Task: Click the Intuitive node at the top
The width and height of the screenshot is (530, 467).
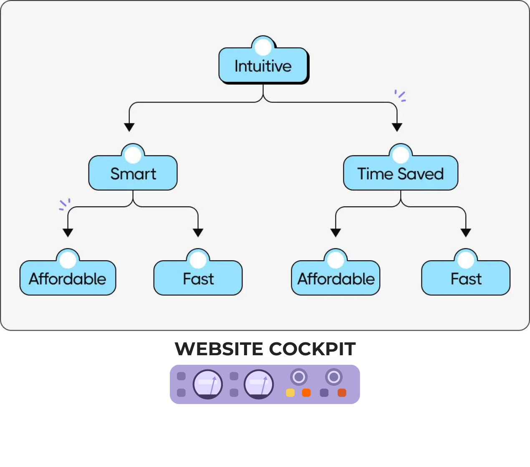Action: click(x=263, y=66)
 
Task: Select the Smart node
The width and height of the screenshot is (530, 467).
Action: click(x=133, y=173)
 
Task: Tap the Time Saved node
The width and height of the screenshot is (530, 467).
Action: click(x=400, y=173)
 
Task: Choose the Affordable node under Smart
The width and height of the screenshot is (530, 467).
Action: click(x=68, y=279)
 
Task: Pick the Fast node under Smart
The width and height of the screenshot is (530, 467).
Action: click(x=198, y=279)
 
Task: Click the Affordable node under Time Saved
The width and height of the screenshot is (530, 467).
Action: click(x=336, y=279)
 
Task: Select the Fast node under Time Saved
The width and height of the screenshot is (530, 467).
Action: click(x=466, y=279)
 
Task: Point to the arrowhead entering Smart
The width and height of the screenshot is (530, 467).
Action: click(x=129, y=127)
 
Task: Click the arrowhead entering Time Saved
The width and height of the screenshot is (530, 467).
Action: click(x=397, y=127)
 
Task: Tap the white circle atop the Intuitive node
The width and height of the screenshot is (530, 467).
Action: click(x=263, y=47)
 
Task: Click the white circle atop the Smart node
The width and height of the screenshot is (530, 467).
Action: click(x=133, y=155)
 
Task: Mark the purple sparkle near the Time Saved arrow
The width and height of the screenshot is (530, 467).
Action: click(x=400, y=96)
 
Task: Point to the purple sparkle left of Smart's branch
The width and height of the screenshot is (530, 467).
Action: click(x=65, y=204)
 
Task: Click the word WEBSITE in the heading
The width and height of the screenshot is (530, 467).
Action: click(x=219, y=349)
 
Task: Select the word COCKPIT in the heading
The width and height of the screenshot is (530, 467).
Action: click(x=312, y=349)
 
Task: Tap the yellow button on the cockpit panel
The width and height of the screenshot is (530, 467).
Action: click(x=290, y=393)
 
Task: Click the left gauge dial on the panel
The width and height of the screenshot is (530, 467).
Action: click(x=207, y=384)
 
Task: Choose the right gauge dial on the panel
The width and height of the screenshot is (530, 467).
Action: click(x=259, y=384)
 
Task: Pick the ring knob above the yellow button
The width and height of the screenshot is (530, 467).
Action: click(x=298, y=377)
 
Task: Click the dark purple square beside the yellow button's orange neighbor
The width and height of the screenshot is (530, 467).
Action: click(x=324, y=393)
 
